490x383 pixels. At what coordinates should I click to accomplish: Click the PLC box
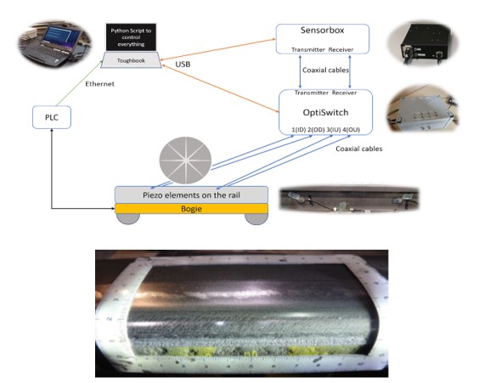[52, 117]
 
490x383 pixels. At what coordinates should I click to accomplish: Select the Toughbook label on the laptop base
[131, 60]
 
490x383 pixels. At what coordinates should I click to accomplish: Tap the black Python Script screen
[131, 37]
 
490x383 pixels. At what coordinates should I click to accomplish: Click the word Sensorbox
[323, 31]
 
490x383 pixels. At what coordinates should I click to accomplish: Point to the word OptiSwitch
[325, 112]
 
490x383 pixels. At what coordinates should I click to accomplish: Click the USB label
[183, 65]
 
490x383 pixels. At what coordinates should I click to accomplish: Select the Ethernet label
[99, 84]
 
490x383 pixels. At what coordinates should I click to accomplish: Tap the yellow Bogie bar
[192, 209]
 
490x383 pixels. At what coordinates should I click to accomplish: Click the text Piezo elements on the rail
[191, 195]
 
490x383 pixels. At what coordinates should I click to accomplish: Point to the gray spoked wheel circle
[185, 161]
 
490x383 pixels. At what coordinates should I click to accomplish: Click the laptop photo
[54, 44]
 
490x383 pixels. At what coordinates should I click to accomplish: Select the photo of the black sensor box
[423, 43]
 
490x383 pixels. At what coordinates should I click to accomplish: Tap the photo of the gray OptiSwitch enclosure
[422, 109]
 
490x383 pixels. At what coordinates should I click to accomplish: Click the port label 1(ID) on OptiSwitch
[298, 130]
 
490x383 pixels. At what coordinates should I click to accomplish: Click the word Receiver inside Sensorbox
[341, 49]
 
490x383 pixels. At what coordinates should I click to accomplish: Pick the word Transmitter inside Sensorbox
[308, 49]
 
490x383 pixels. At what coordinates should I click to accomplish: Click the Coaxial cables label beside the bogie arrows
[359, 149]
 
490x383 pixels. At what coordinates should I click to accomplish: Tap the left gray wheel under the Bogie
[128, 219]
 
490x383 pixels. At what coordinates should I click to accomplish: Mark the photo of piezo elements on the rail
[349, 200]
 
